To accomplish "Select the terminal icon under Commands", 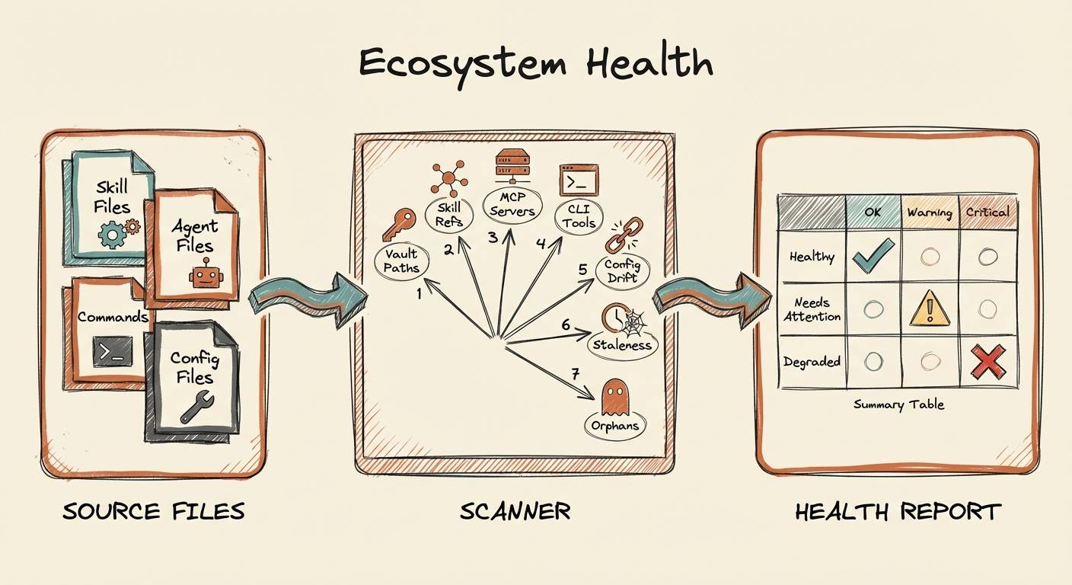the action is tap(113, 352).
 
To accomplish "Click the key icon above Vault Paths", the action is tap(399, 224).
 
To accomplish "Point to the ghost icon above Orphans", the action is tap(614, 398).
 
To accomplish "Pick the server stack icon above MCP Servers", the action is tap(512, 165).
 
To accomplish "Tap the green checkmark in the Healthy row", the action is tap(873, 256).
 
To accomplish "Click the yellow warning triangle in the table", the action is tap(930, 308).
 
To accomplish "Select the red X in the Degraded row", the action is tap(987, 362).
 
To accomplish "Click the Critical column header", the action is tap(987, 212).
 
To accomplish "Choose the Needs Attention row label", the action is tap(812, 309).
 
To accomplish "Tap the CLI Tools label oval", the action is tap(579, 217).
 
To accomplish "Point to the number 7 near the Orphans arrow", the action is tap(576, 373).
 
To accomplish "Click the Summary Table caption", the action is tap(898, 405).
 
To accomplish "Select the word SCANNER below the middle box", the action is tap(515, 511).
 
